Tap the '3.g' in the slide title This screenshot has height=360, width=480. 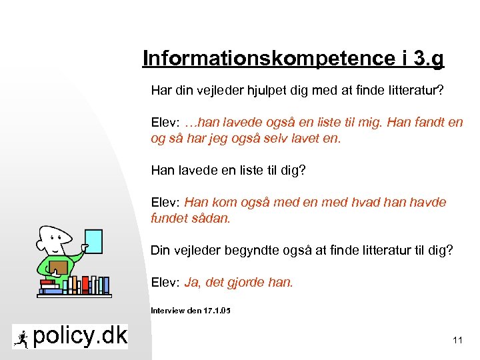point(429,59)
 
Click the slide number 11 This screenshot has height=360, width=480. point(457,341)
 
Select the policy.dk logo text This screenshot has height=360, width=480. point(80,337)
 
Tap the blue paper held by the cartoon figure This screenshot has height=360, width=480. point(94,246)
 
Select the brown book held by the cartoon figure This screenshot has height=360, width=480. point(58,267)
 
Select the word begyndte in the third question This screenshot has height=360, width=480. point(255,251)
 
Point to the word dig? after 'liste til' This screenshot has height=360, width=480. point(291,170)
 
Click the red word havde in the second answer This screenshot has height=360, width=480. point(425,202)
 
